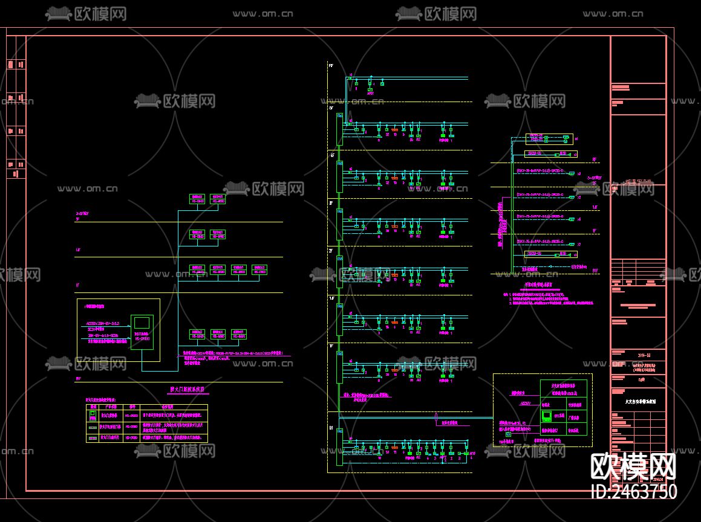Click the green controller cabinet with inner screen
coord(142,334)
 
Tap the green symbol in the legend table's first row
coord(93,416)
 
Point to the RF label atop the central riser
coord(331,65)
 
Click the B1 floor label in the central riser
coord(331,428)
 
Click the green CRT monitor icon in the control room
coord(547,416)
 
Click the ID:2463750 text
coord(633,491)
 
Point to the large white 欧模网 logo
coord(633,466)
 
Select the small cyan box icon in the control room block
coord(507,434)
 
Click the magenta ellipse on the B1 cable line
coord(435,417)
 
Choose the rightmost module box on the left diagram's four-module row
coord(259,269)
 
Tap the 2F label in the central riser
coord(331,250)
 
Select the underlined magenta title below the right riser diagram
coord(538,283)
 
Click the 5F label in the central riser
coord(331,108)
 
